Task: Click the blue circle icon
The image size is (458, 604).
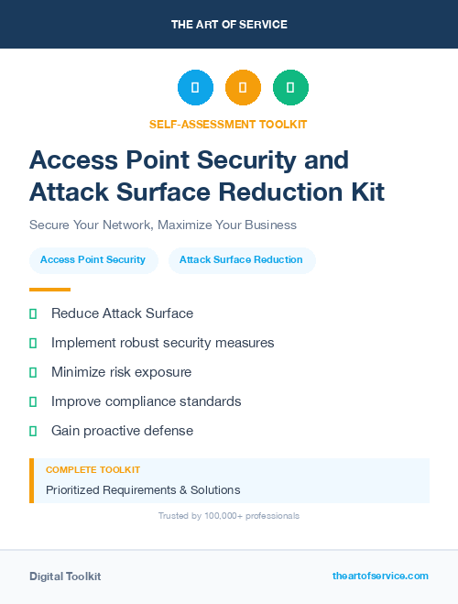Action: click(x=195, y=88)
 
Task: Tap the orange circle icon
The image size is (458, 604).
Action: click(x=243, y=88)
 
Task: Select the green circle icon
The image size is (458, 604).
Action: click(x=290, y=88)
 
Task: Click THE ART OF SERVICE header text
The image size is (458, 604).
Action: click(x=229, y=25)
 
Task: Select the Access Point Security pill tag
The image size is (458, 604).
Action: click(x=93, y=260)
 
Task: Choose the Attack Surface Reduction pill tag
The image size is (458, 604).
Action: click(x=241, y=260)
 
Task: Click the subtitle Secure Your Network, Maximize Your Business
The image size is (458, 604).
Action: click(x=163, y=225)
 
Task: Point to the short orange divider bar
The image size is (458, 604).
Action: click(x=49, y=290)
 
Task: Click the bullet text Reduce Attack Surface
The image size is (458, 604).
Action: click(x=122, y=313)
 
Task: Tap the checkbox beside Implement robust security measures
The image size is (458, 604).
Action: click(x=33, y=343)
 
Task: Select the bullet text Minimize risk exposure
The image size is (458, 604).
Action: click(x=121, y=372)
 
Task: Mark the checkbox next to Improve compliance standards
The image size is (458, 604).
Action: click(x=33, y=401)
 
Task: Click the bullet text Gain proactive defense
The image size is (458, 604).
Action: click(x=122, y=431)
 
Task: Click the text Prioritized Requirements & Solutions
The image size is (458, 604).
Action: click(x=143, y=490)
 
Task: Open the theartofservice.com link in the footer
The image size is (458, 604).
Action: click(x=380, y=576)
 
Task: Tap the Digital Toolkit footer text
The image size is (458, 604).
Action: click(x=65, y=577)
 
